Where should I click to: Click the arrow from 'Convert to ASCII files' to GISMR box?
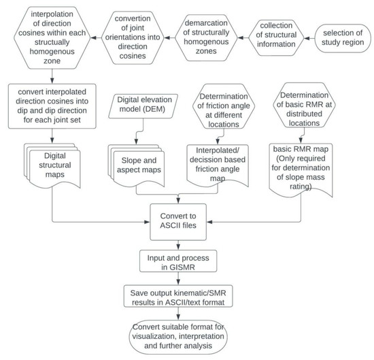coord(177,242)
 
